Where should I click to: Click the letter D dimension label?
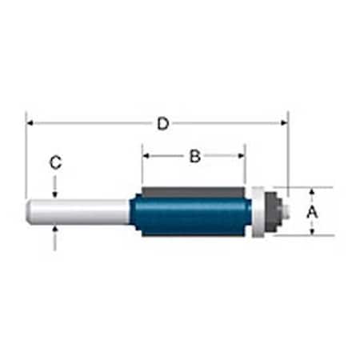162,124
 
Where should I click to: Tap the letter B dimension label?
194,157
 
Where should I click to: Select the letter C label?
54,162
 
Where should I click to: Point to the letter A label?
313,212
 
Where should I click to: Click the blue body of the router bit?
192,217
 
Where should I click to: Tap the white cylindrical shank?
80,211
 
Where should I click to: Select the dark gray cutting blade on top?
192,192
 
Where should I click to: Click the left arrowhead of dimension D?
31,123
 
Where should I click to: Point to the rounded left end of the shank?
31,211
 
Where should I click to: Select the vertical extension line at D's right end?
287,152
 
